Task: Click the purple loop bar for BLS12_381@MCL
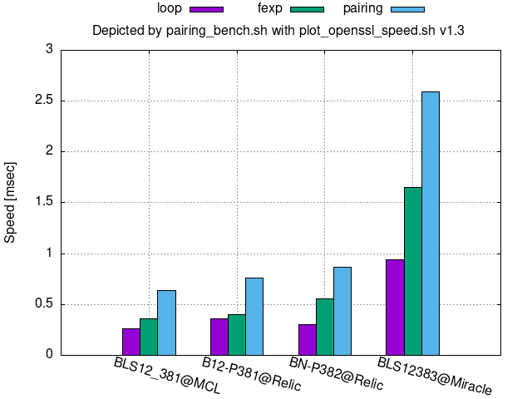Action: click(131, 342)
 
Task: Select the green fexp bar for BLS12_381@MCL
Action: click(149, 337)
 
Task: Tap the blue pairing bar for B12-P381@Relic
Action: click(254, 316)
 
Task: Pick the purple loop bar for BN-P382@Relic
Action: click(307, 339)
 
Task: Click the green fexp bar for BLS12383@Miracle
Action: click(412, 271)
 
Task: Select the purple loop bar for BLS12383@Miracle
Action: click(395, 307)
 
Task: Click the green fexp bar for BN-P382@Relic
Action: click(324, 327)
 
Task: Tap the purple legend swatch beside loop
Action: click(206, 9)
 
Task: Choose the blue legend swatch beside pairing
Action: click(406, 9)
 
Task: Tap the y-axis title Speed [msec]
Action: click(11, 202)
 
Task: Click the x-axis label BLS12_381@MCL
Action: click(167, 376)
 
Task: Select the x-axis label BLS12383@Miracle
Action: click(435, 376)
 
